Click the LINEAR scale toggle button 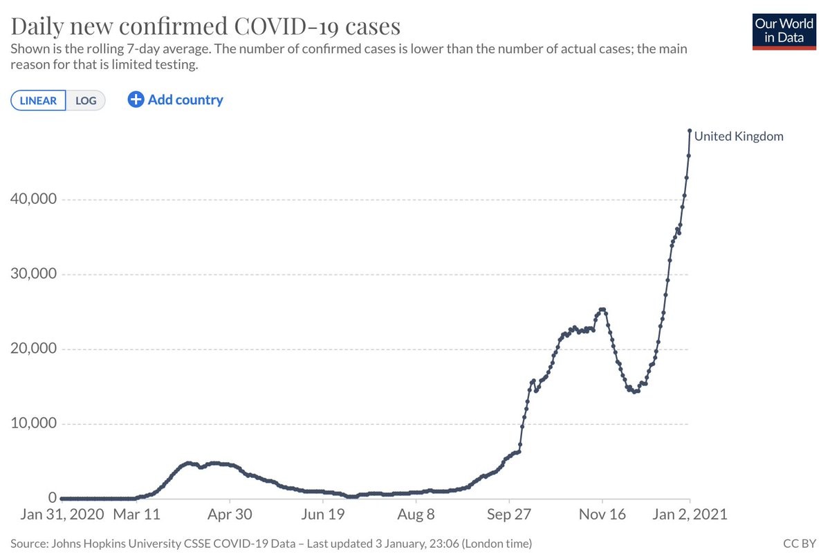tap(39, 100)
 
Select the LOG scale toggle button tap(86, 100)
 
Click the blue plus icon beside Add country tap(136, 99)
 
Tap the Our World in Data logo tap(784, 30)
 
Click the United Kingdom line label tap(739, 136)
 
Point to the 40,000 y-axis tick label tap(32, 200)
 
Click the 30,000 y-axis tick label tap(32, 274)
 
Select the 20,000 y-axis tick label tap(32, 349)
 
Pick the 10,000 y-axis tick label tap(32, 423)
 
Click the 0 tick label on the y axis tap(52, 497)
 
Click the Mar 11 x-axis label tap(136, 515)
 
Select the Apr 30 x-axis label tap(230, 515)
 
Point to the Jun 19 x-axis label tap(323, 515)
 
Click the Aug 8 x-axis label tap(416, 515)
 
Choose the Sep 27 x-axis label tap(509, 515)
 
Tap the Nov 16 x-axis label tap(602, 515)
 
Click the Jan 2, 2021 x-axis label tap(690, 515)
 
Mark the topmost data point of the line tap(690, 131)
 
